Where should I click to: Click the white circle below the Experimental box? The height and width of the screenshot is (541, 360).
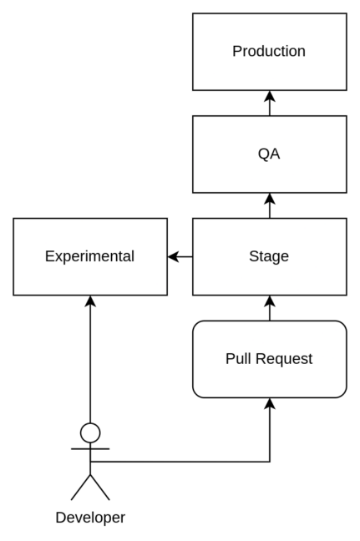90,432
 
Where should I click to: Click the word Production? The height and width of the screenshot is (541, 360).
269,51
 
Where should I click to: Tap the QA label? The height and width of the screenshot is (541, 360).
269,154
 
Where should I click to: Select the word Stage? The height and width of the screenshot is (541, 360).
269,256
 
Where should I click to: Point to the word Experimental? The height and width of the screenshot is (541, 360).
89,256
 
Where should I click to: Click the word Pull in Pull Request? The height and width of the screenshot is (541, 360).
238,359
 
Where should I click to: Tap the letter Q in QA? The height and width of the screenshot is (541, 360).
263,154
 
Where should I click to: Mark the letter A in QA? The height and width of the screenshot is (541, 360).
275,154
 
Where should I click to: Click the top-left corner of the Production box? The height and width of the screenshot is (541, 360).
195,15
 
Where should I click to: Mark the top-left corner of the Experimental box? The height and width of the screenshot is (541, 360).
15,220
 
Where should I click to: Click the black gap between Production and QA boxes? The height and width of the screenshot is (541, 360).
269,103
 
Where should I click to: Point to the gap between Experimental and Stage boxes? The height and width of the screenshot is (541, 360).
180,256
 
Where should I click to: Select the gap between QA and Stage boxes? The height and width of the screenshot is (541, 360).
269,205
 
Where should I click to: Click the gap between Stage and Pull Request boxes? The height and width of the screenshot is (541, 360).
269,308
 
